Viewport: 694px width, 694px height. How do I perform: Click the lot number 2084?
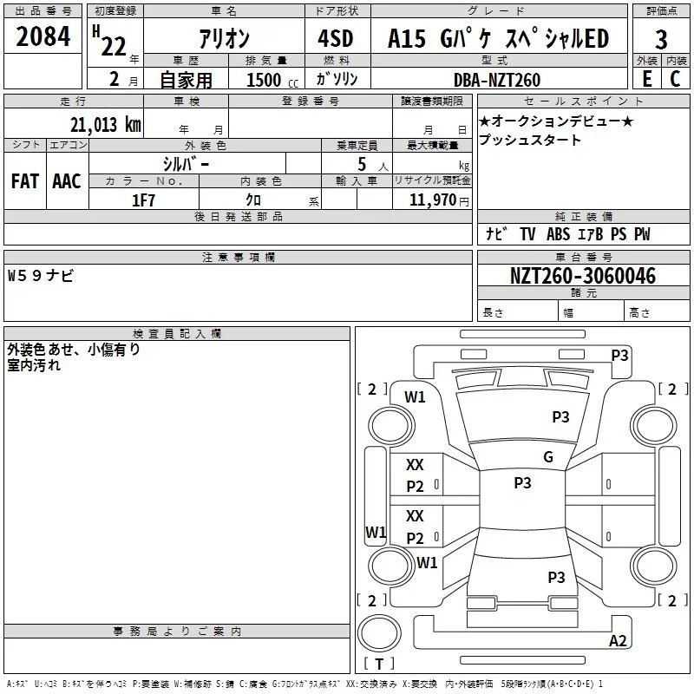[x=43, y=36]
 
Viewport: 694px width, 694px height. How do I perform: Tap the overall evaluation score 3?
[x=661, y=40]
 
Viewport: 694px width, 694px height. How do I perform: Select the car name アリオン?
[x=224, y=39]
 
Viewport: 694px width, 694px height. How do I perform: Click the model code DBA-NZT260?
[x=497, y=80]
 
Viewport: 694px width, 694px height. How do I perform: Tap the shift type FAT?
[x=25, y=180]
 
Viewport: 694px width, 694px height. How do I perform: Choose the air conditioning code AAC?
[x=67, y=180]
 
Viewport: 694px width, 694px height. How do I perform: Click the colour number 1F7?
[x=143, y=200]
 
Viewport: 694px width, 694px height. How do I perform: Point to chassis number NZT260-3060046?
[x=582, y=276]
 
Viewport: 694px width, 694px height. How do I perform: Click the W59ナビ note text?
[x=41, y=276]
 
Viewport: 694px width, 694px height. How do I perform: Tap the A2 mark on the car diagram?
[x=618, y=641]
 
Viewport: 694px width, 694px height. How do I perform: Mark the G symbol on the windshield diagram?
[x=547, y=457]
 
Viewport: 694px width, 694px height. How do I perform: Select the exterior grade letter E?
[x=646, y=79]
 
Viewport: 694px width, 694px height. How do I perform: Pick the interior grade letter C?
[x=675, y=79]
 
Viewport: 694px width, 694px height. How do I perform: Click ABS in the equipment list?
[x=559, y=234]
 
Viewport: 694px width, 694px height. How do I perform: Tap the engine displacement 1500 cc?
[x=270, y=80]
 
